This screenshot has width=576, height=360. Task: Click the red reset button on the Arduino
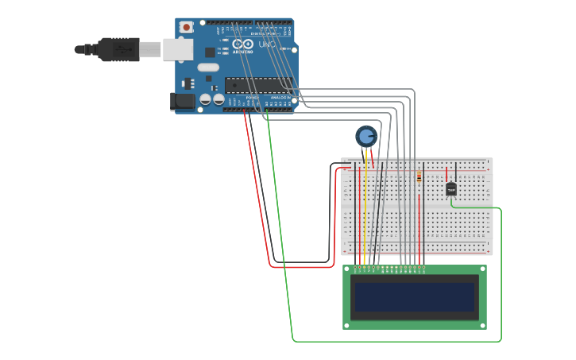[187, 27]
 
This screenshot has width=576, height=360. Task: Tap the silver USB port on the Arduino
[177, 50]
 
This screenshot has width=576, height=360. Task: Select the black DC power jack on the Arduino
[183, 101]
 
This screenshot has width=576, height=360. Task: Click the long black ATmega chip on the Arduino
[256, 84]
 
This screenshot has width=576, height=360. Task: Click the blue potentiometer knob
[365, 136]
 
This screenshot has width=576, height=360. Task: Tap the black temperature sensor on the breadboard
[451, 189]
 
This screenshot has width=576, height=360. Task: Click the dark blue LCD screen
[415, 297]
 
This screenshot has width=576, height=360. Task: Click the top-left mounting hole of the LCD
[347, 270]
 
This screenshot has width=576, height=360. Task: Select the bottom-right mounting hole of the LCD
[482, 324]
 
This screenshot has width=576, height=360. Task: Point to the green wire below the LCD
[397, 341]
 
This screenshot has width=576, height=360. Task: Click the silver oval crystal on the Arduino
[208, 68]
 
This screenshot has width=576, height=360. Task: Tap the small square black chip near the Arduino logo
[210, 52]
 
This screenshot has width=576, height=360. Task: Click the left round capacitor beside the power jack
[205, 99]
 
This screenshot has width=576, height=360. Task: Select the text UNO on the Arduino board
[266, 44]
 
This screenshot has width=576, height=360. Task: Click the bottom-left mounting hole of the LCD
[347, 324]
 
